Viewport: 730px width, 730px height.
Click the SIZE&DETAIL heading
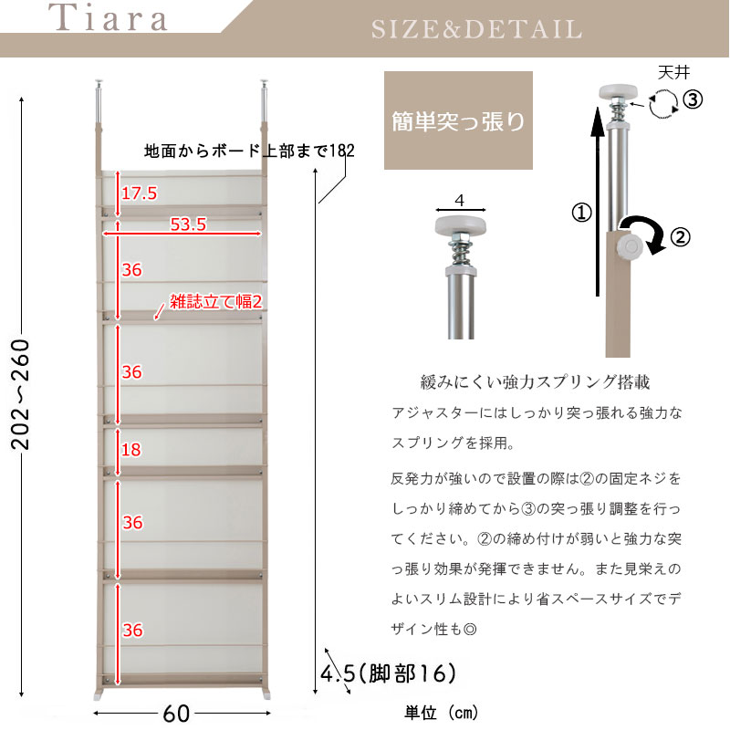(476, 28)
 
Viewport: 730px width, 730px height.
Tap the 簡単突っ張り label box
(458, 122)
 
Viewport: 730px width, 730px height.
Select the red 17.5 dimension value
(139, 193)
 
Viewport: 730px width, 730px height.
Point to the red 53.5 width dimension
(187, 224)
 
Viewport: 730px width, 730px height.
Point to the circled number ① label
(580, 214)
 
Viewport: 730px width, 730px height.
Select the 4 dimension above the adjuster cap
(459, 199)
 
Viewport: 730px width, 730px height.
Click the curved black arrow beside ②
(643, 234)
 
